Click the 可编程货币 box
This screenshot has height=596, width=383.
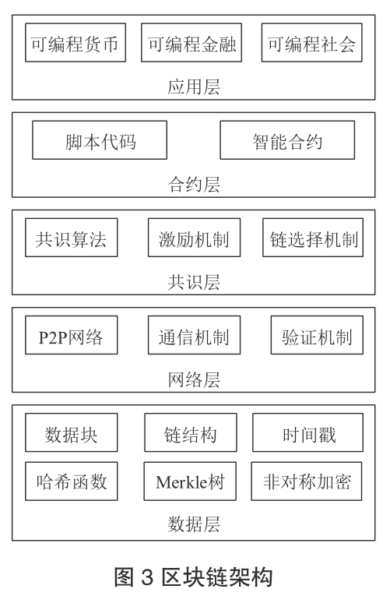tap(76, 43)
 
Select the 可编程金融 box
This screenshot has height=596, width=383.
tap(191, 43)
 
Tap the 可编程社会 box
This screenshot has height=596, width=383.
tap(311, 43)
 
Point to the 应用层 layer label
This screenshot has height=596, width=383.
tap(194, 87)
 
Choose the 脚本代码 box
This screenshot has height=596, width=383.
tap(100, 140)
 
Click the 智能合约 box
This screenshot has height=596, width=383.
tap(287, 140)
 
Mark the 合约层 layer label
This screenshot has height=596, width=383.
tap(194, 185)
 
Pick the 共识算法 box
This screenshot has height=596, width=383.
tap(72, 238)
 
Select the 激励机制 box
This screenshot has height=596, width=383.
tap(194, 238)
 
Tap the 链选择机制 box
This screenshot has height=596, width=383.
tap(313, 238)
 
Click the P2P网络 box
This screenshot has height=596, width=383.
tap(72, 335)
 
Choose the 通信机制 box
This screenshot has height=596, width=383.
tap(194, 335)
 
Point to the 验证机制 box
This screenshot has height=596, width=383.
tap(317, 335)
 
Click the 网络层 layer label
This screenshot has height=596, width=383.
tap(194, 379)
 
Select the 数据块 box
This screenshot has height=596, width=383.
tap(72, 432)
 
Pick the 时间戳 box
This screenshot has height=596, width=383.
tap(307, 432)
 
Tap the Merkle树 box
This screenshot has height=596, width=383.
tap(190, 481)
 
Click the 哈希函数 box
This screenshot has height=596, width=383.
tap(72, 481)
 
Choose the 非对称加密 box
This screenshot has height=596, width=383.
tap(307, 481)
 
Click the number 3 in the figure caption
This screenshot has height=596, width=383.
tap(147, 578)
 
